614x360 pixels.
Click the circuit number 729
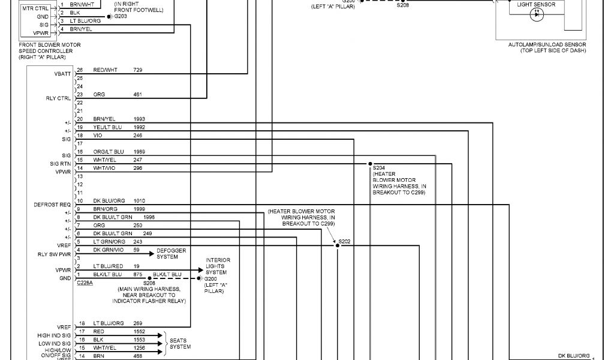pos(138,70)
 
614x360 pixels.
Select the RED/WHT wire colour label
pos(106,70)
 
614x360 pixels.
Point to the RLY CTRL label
pos(59,98)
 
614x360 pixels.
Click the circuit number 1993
pos(139,119)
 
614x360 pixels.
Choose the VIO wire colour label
pos(98,136)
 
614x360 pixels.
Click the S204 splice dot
pos(369,163)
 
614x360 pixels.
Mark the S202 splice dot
pos(337,245)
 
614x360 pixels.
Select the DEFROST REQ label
pos(52,205)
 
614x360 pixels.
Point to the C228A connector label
pos(85,282)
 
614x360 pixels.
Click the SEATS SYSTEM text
pos(180,343)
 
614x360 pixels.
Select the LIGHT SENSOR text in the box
pos(535,5)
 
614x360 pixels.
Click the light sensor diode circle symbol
pos(535,16)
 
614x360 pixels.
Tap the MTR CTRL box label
pos(35,9)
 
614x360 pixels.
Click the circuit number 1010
pos(139,200)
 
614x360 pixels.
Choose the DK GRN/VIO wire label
pos(108,250)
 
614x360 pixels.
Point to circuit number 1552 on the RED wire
pos(139,331)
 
